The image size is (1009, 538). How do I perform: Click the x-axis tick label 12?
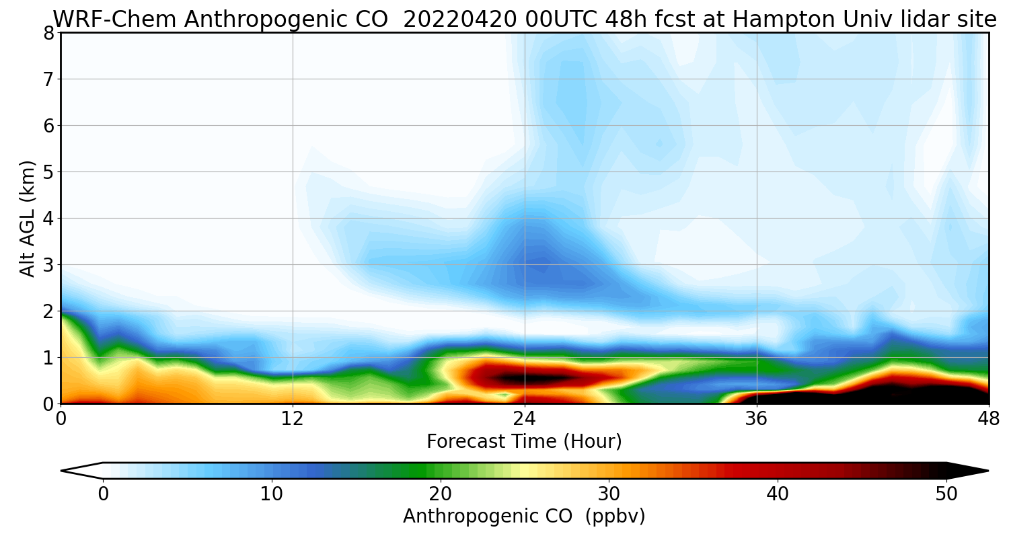[x=293, y=419]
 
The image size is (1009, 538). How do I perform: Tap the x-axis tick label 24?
[x=525, y=419]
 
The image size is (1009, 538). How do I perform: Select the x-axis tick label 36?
[x=757, y=419]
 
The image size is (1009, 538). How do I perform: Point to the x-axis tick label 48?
[x=988, y=419]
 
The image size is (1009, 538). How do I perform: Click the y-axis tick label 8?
[x=48, y=33]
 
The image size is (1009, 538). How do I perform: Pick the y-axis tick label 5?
[x=48, y=172]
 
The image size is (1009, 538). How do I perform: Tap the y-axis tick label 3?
[x=48, y=265]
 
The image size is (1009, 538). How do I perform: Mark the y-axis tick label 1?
[x=48, y=358]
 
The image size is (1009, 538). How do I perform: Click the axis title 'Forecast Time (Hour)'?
[x=524, y=442]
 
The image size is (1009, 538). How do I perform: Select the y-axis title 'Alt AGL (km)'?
[x=28, y=218]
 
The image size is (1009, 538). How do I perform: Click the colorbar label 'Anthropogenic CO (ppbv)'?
[x=524, y=516]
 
